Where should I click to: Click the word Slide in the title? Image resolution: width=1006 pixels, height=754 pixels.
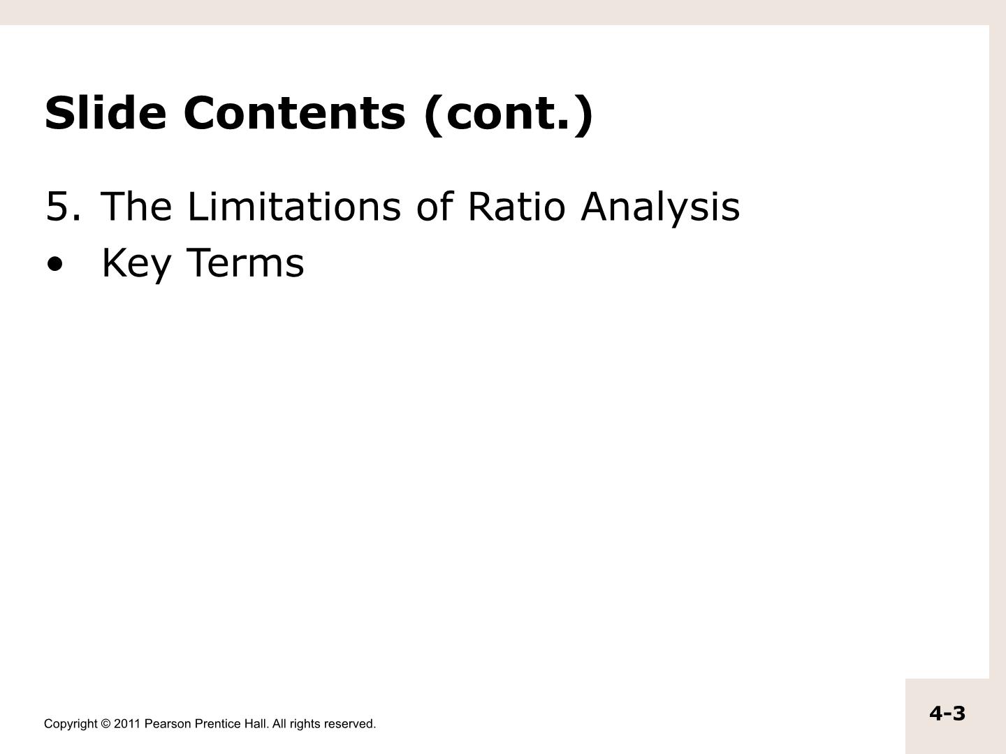(105, 112)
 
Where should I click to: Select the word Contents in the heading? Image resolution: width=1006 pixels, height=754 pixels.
(295, 112)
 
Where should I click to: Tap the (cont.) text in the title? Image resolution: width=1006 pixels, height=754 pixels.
(509, 114)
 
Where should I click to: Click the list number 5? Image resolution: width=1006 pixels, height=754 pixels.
(64, 207)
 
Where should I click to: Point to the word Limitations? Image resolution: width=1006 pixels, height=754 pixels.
(294, 206)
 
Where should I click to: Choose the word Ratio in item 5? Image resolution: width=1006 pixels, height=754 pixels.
(517, 206)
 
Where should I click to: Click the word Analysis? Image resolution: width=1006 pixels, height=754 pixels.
(660, 209)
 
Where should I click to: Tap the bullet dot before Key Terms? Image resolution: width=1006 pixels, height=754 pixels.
(55, 265)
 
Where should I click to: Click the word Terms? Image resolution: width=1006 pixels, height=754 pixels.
(245, 263)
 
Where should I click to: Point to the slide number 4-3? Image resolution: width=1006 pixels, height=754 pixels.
(947, 714)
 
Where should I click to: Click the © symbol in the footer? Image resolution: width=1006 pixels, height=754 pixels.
(105, 724)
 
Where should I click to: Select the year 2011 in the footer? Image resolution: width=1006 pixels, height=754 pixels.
(127, 724)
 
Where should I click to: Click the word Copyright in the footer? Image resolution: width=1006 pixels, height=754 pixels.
(71, 725)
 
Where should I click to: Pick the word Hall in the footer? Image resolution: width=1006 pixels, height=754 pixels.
(256, 724)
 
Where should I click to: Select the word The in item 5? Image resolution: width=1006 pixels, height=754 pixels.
(136, 207)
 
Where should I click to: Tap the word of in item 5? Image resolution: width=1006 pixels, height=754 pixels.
(435, 206)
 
